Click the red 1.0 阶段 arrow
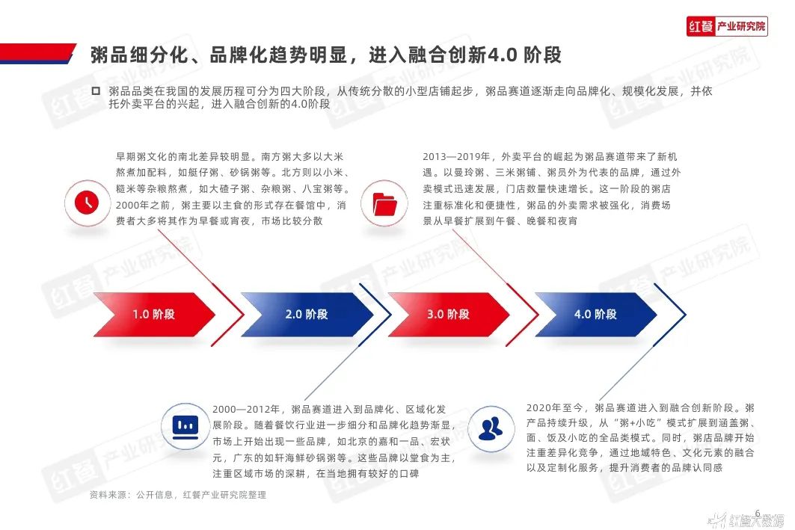pos(154,314)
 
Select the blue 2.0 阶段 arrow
pos(307,314)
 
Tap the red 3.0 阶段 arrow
pos(448,314)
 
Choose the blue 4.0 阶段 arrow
pos(596,314)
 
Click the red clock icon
pos(87,202)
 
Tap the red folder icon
pos(384,204)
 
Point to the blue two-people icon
pos(491,428)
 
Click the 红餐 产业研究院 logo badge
pos(727,26)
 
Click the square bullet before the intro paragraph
pos(95,90)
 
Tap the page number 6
pos(758,514)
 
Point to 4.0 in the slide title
pos(502,55)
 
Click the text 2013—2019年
pos(456,156)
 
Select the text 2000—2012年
pos(246,409)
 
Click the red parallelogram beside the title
pos(38,53)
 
